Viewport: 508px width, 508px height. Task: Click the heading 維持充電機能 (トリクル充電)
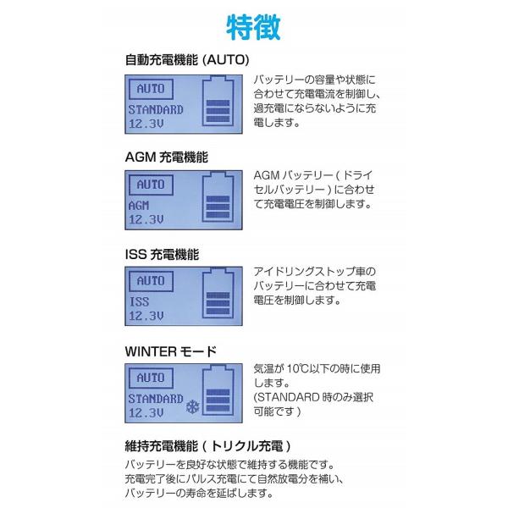(208, 446)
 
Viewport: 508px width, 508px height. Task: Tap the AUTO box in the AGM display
(150, 185)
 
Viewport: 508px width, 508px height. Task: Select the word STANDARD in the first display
(155, 110)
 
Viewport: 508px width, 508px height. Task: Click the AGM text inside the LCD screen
(138, 206)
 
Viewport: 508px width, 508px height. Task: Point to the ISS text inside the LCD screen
(138, 301)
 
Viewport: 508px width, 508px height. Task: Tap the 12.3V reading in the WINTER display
(146, 412)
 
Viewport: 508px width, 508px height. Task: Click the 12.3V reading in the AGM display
(146, 219)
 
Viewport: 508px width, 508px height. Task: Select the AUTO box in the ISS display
(150, 280)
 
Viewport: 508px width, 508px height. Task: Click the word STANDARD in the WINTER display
(155, 398)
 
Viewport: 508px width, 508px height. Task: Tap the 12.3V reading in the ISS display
(146, 316)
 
